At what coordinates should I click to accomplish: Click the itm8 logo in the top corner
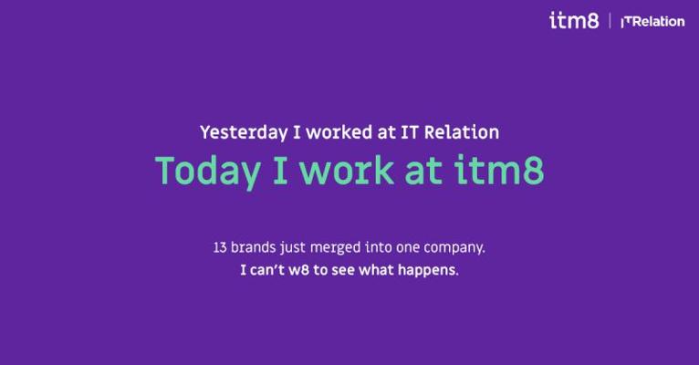574,20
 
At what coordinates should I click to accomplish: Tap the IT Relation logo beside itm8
653,21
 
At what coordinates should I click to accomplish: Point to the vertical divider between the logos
610,21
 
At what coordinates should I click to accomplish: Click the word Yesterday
244,133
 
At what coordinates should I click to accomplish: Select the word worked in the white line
339,132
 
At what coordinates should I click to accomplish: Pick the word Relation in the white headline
462,132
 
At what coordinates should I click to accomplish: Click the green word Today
208,172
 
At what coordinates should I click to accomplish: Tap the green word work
347,170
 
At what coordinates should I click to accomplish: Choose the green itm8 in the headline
499,170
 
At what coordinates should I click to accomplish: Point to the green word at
423,172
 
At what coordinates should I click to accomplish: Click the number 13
220,247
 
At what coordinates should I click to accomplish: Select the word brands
253,247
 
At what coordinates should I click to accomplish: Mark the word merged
335,247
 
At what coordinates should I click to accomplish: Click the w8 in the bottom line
298,270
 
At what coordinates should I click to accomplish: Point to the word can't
267,270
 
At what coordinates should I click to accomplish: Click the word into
379,247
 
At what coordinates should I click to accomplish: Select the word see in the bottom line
343,270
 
